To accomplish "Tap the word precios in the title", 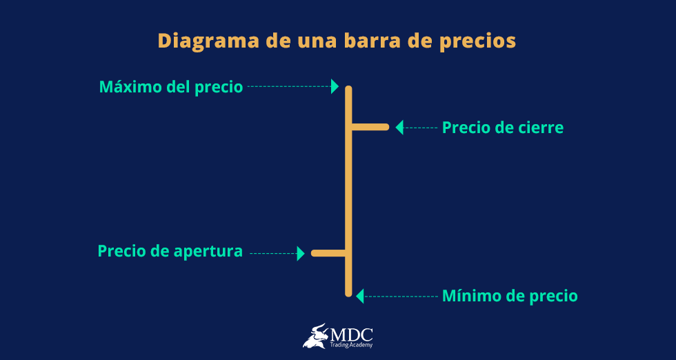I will tap(477, 41).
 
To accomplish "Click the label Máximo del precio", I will tap(171, 87).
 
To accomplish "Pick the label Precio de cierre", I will tap(502, 128).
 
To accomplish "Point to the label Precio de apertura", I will tap(170, 251).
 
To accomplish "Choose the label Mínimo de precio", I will tap(510, 296).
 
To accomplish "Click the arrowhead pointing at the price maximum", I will tap(335, 86).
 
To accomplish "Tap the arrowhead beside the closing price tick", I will tap(399, 127).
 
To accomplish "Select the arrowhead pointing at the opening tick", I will tap(301, 253).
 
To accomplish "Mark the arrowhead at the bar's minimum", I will tap(359, 296).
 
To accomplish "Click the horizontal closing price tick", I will tap(370, 127).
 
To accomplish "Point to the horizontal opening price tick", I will tap(328, 253).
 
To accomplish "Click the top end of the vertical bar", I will tap(348, 90).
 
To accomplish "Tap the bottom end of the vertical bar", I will tap(348, 292).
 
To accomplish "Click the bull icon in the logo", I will tap(316, 336).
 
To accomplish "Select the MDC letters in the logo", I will tap(352, 333).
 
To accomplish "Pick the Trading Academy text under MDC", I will tap(352, 345).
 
